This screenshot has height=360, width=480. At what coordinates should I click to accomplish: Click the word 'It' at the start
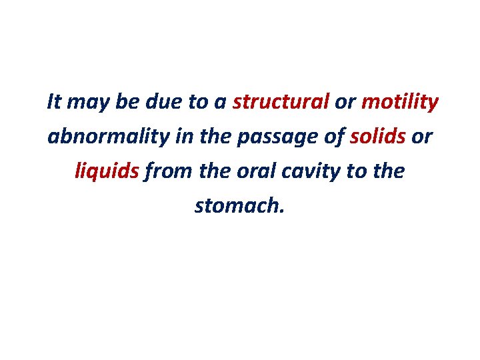tap(54, 102)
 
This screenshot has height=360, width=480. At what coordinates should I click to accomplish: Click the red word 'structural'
tap(281, 102)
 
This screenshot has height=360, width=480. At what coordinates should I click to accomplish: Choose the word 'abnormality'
tap(110, 138)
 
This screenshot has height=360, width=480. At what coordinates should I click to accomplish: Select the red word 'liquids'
tap(107, 173)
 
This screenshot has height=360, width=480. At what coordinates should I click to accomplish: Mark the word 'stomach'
tap(236, 206)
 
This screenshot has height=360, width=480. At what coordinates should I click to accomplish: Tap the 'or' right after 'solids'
tap(421, 138)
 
